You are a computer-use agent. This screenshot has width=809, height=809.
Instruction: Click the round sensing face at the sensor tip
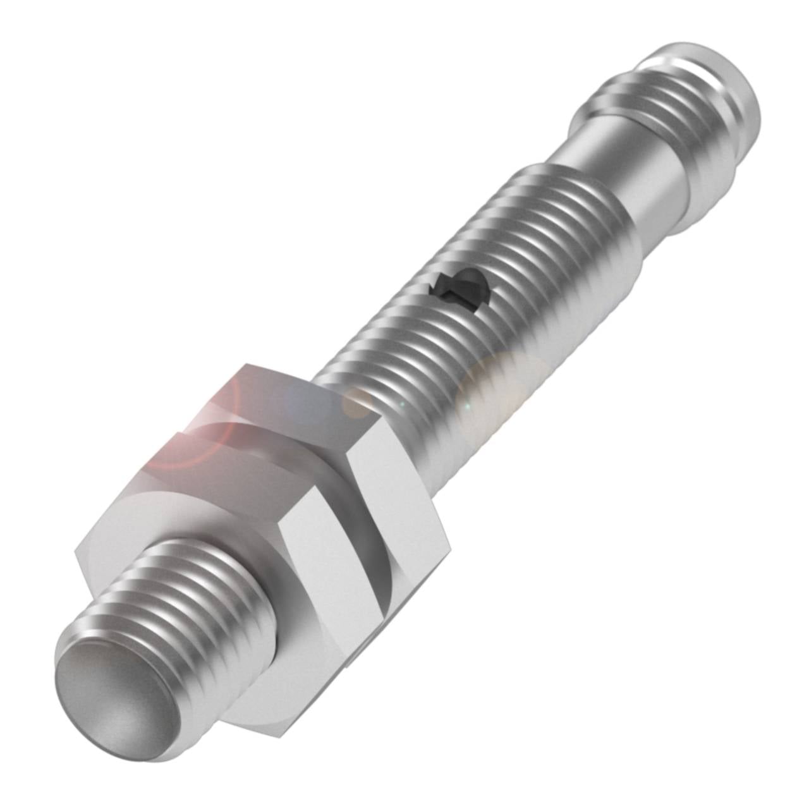[107, 702]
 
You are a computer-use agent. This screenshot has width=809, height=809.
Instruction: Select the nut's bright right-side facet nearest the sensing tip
[329, 569]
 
